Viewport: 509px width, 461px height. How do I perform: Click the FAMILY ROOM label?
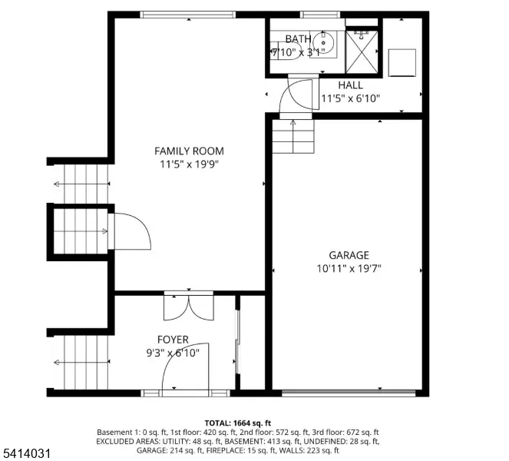(189, 151)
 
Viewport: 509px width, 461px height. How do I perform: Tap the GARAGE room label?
(349, 255)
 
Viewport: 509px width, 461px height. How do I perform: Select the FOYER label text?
(173, 340)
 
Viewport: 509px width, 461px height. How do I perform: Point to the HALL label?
(350, 85)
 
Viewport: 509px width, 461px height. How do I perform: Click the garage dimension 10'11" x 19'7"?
(349, 268)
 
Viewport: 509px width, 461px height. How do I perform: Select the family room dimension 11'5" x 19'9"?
(189, 164)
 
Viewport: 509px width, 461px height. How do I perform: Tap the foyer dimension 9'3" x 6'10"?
(174, 353)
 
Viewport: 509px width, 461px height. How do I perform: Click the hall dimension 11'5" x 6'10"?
(350, 98)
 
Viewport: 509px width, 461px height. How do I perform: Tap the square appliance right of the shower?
(402, 62)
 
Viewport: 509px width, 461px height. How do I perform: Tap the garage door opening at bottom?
(349, 393)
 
